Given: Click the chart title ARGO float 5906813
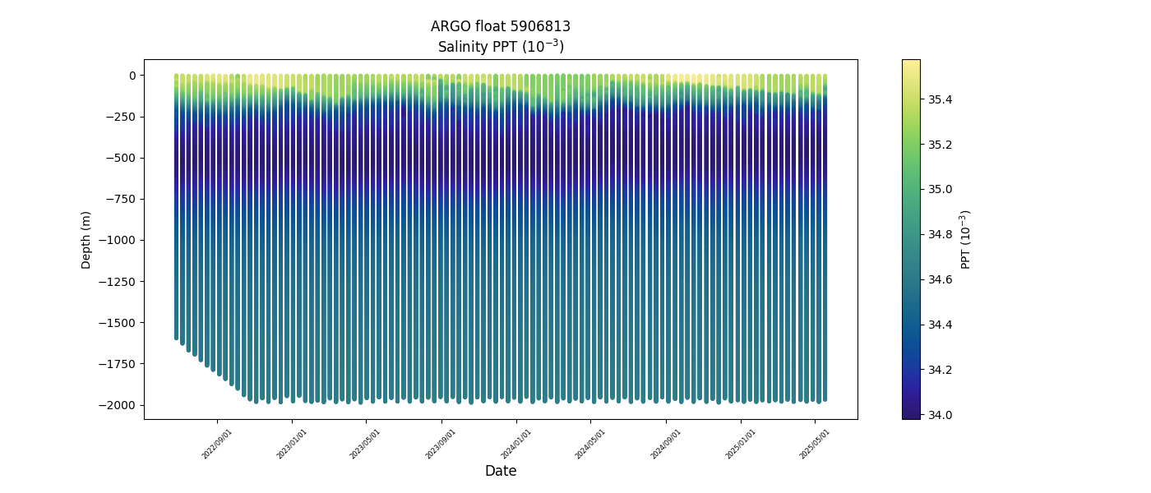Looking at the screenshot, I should [500, 26].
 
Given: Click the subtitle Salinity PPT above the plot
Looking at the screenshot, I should [500, 47].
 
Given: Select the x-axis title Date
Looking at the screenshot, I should [500, 471].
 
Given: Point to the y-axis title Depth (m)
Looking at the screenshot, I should [86, 240].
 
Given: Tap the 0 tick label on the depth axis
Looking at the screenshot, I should [131, 76].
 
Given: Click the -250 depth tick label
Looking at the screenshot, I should [122, 117].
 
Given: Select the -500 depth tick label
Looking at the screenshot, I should [122, 158].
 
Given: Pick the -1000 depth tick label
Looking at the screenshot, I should [119, 240].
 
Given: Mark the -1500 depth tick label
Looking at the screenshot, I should [119, 323].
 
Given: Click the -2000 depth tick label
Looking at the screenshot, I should [119, 405].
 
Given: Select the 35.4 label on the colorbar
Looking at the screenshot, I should [941, 99].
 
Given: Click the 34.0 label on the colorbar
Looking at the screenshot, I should [941, 415].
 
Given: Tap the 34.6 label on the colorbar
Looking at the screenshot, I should [941, 279].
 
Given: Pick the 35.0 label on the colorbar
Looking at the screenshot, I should [941, 190].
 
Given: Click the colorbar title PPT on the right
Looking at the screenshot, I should [966, 239].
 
